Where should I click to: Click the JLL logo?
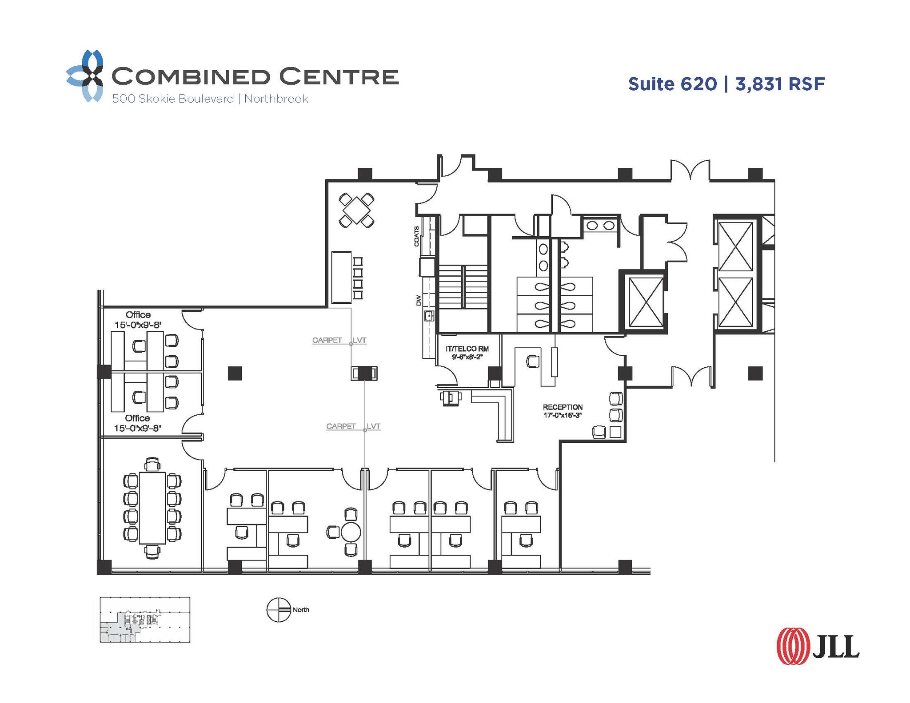pos(818,646)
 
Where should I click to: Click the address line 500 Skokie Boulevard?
pos(173,99)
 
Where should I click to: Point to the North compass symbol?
pos(279,610)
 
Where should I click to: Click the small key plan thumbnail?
pos(145,620)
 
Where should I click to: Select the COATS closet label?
pos(416,236)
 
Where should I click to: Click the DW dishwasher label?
pos(418,301)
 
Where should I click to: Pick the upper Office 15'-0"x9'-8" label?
pos(138,320)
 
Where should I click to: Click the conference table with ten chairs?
pos(152,508)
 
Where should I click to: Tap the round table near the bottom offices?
pos(351,532)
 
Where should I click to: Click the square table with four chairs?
pos(356,210)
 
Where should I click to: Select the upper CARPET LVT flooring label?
pos(339,340)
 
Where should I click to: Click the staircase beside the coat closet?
pos(463,286)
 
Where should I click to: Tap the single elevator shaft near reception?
pos(643,302)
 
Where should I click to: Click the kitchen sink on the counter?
pos(429,316)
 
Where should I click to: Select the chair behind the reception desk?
pos(532,361)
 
